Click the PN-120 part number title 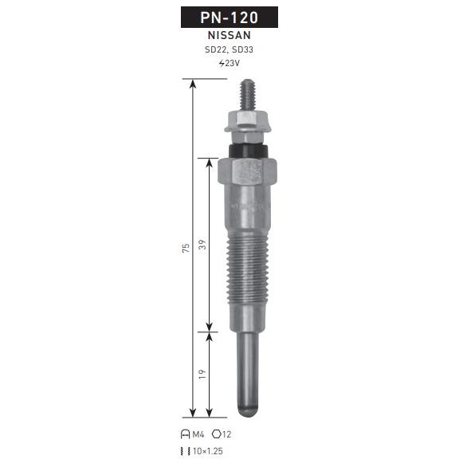[229, 18]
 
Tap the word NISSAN [229, 35]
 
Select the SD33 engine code [242, 49]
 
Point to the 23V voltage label [233, 63]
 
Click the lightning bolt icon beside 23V [222, 63]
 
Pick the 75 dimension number [186, 248]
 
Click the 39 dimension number [202, 245]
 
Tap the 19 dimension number [202, 375]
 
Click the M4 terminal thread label [198, 435]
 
